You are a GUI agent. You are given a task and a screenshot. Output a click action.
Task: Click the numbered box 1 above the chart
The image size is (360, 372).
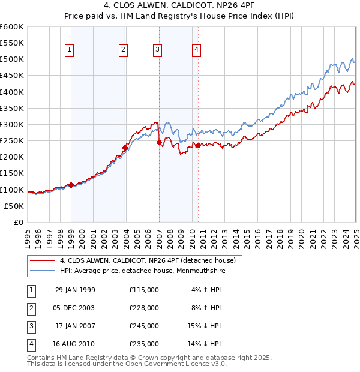point(70,50)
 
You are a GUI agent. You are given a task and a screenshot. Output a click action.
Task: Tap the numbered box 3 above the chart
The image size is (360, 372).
point(157,50)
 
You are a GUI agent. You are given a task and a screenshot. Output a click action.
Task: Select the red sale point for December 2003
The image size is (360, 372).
point(125,148)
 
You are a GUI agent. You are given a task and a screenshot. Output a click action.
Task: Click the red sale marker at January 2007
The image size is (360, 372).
point(159,142)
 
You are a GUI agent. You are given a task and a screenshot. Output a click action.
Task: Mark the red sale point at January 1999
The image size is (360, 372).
point(71,185)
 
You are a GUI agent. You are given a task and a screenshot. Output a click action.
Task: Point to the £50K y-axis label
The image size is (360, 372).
point(14,206)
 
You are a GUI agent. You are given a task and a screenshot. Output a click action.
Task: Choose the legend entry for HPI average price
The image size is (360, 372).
point(145,271)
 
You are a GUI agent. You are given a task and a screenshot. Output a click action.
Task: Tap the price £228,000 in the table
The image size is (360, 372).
point(144,308)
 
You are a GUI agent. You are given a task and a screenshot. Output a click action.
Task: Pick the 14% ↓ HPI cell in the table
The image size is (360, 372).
point(203,344)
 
